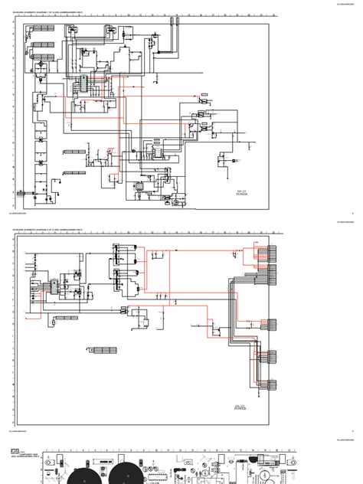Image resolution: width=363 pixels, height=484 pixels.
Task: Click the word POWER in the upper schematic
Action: coord(242,195)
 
